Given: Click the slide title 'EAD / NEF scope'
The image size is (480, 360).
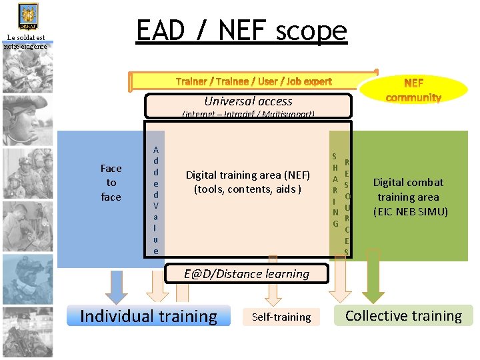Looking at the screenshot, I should (x=241, y=31).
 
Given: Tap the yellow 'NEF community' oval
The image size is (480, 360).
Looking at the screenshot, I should (x=413, y=90).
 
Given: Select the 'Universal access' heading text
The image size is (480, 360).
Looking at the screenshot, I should (x=248, y=101).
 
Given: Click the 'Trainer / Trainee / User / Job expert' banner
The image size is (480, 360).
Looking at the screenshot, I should (x=253, y=81).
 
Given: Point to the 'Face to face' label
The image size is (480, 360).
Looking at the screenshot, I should (x=111, y=183).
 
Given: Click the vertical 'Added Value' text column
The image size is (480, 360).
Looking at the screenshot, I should (x=155, y=200).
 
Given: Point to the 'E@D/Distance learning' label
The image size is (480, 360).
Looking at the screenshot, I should (x=247, y=274).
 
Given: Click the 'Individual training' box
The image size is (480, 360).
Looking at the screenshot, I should (x=149, y=316).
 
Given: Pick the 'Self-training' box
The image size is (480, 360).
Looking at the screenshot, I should (x=281, y=317).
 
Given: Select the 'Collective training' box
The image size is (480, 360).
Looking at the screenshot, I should (x=403, y=316).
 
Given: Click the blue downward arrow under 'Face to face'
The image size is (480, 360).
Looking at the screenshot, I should (x=117, y=285).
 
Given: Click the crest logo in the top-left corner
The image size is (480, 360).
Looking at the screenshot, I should (x=27, y=15).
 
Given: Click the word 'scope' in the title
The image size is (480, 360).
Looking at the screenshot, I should (x=311, y=31).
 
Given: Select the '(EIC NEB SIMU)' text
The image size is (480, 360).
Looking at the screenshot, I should (x=411, y=212).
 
